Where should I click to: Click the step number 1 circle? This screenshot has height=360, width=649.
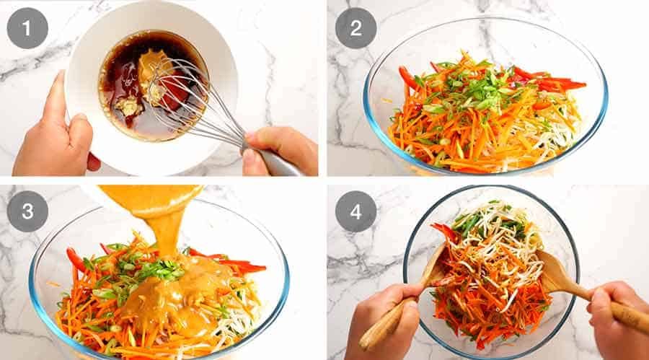point(27,28)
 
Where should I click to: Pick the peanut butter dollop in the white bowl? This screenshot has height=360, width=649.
point(154,69)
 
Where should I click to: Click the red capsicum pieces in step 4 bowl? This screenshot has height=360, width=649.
point(444,231)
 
